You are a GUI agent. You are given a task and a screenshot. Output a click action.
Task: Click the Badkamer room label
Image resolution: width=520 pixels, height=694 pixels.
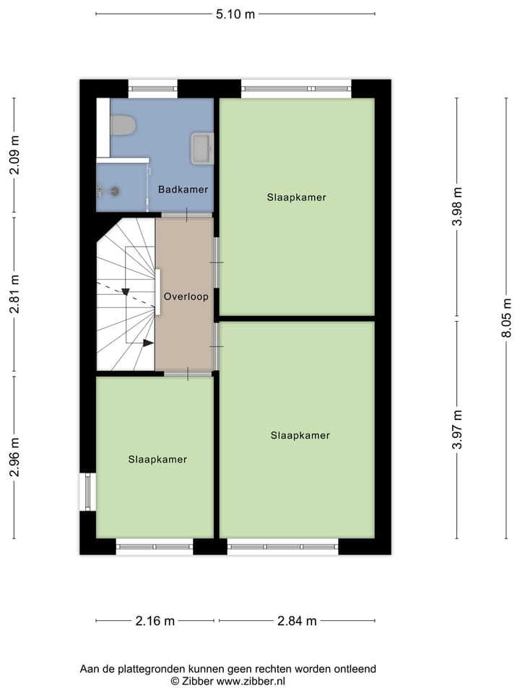(183, 189)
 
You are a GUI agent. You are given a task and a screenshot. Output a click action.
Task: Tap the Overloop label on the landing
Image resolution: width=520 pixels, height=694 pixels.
(186, 296)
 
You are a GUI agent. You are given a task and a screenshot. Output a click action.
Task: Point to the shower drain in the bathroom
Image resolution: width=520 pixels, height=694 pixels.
(114, 191)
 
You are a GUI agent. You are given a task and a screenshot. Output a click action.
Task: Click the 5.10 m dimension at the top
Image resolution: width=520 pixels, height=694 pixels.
(235, 14)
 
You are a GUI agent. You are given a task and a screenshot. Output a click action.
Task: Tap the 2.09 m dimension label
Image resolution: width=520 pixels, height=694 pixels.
(14, 156)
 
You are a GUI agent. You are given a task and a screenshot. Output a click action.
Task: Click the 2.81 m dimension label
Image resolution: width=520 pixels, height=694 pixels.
(14, 295)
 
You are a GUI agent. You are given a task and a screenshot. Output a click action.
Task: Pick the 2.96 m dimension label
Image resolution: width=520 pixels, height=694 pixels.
(14, 458)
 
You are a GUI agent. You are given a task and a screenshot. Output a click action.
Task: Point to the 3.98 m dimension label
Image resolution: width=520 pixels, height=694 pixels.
(456, 207)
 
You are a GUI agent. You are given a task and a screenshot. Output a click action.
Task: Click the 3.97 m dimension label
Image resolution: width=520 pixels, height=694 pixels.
(456, 429)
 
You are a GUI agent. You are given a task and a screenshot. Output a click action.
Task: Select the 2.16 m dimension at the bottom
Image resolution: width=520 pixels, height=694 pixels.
(155, 621)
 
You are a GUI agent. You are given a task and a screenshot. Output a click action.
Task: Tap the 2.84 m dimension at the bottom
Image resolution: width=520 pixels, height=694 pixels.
(297, 621)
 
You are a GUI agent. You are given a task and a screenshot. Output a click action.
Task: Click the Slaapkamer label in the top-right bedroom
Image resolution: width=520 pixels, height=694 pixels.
(296, 197)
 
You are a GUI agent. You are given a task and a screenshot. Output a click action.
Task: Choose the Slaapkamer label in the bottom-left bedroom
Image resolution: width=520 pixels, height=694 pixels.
(157, 459)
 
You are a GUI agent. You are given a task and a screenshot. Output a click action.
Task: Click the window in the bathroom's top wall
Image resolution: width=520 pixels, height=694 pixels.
(152, 89)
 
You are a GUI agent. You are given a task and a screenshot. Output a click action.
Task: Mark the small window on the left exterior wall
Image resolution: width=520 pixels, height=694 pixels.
(87, 492)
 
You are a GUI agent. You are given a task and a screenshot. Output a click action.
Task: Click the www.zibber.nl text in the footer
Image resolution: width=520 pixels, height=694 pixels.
(251, 681)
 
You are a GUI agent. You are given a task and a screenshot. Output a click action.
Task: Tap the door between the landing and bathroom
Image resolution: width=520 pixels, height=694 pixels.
(186, 215)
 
